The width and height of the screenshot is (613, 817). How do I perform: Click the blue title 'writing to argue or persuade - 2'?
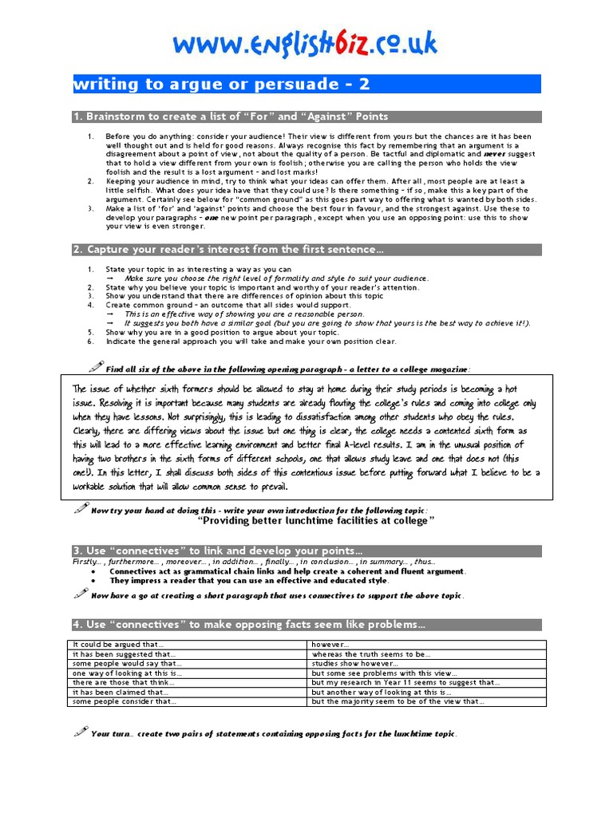pyautogui.click(x=222, y=84)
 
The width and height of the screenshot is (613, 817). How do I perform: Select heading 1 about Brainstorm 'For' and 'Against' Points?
pyautogui.click(x=231, y=116)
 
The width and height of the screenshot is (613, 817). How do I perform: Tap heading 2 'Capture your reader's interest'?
pyautogui.click(x=228, y=250)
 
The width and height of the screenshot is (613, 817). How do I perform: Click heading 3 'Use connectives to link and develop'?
pyautogui.click(x=218, y=551)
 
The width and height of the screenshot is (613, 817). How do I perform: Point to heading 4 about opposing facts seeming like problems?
pyautogui.click(x=249, y=624)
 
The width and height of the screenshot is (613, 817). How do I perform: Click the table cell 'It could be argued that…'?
pyautogui.click(x=119, y=644)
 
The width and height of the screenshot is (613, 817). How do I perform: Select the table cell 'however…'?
pyautogui.click(x=331, y=644)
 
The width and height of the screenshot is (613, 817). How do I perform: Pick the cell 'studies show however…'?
pyautogui.click(x=355, y=663)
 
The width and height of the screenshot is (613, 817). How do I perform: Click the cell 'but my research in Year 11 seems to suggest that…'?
pyautogui.click(x=405, y=682)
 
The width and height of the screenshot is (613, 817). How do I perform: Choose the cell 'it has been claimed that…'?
pyautogui.click(x=121, y=692)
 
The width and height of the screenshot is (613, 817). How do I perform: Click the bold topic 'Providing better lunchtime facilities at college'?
pyautogui.click(x=316, y=520)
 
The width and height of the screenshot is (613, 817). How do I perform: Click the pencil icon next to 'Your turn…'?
pyautogui.click(x=80, y=732)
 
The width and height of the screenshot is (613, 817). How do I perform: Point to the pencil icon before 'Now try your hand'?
pyautogui.click(x=80, y=508)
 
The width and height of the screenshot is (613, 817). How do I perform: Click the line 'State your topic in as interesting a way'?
pyautogui.click(x=200, y=270)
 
